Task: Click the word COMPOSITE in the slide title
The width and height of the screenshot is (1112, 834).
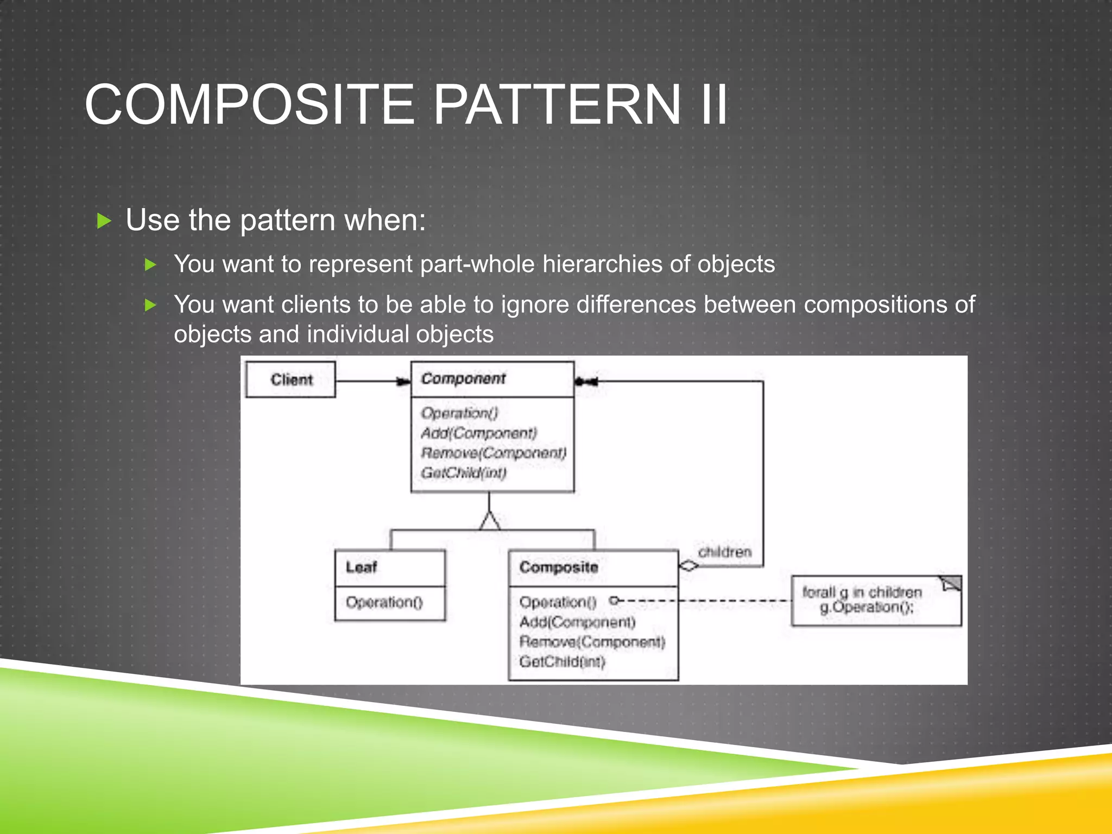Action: point(250,104)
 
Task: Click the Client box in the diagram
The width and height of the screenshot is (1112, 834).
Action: point(290,380)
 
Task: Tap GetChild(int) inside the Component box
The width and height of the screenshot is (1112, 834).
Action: point(464,473)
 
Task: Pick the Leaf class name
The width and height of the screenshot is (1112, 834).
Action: point(361,567)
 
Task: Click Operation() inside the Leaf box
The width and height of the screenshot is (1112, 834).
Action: point(384,602)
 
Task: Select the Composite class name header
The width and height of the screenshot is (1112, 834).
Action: point(559,567)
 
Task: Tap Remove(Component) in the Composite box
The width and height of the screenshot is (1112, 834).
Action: point(592,642)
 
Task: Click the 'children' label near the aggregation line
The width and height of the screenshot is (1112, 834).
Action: point(724,552)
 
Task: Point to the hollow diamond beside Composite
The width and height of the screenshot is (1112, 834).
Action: point(688,566)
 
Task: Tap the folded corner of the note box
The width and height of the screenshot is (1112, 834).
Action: point(952,584)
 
